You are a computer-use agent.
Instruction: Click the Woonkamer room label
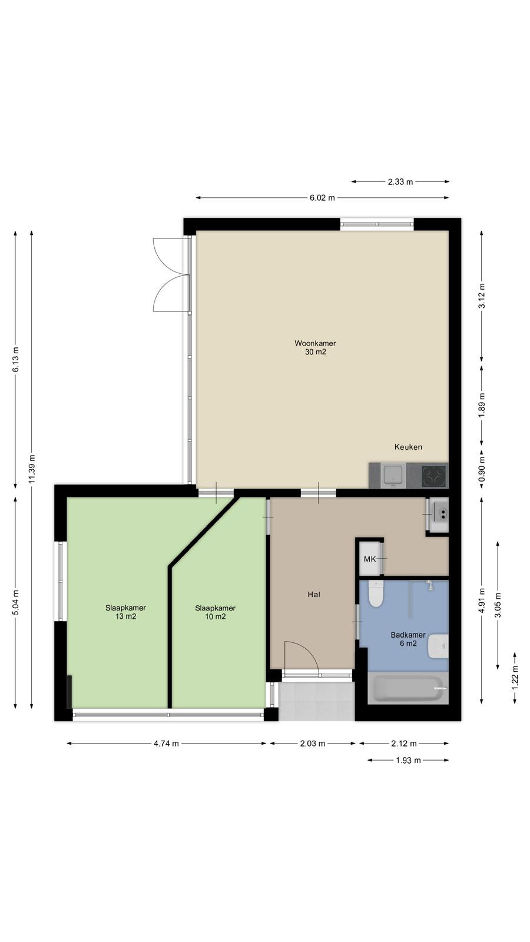pos(315,347)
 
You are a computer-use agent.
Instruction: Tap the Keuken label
pos(408,447)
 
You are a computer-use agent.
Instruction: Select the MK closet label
pos(370,559)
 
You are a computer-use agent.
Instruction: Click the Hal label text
pos(314,594)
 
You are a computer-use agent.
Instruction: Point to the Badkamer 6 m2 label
pos(408,639)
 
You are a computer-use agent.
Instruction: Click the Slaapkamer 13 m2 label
pos(125,612)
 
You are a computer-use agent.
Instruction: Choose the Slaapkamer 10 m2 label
pos(215,612)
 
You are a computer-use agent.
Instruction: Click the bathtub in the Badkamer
pos(408,688)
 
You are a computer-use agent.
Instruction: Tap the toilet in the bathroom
pos(376,593)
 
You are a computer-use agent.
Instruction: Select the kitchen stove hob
pos(433,476)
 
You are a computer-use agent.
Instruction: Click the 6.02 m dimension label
pos(322,198)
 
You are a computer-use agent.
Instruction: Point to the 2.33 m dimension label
pos(400,182)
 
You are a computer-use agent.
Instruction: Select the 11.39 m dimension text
pos(32,469)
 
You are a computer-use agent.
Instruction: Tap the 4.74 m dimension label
pos(166,744)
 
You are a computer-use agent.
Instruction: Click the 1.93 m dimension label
pos(408,760)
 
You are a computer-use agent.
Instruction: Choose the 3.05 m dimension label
pos(498,605)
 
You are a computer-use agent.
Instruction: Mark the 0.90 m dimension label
pos(482,469)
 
